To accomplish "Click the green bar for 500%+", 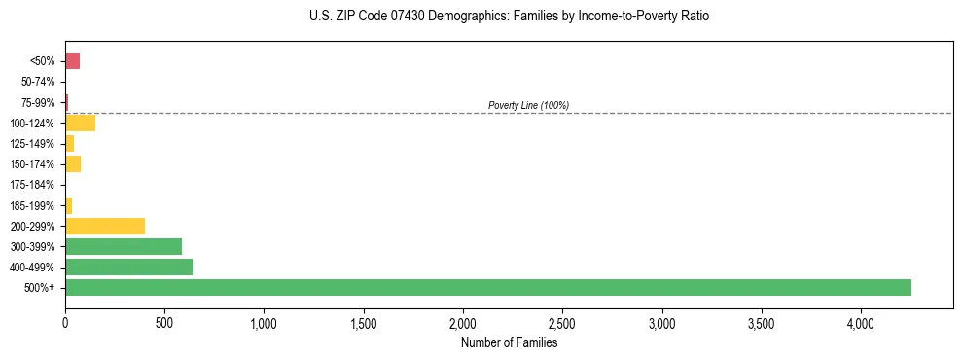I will pos(487,287).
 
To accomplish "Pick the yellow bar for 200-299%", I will pos(105,226).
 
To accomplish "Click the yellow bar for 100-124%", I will pos(80,123).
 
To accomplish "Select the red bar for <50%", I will pos(72,61).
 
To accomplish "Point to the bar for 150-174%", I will pos(73,163).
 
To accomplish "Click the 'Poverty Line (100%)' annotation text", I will pos(528,105).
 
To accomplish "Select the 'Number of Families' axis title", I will pos(509,342).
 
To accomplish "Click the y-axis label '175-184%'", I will pos(32,185).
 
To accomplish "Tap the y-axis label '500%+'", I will pos(41,288).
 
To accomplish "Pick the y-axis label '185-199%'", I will pos(32,205).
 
